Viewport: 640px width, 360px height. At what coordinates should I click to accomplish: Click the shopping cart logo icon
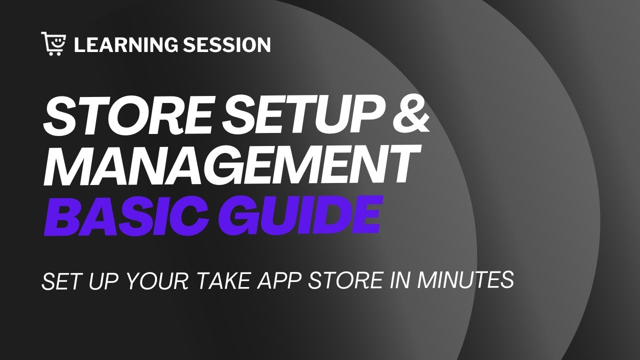click(54, 43)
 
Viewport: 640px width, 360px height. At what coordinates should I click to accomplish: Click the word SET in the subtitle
click(59, 281)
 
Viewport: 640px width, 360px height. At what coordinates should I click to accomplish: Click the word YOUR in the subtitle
click(155, 281)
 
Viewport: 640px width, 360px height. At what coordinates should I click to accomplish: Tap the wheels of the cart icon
click(54, 52)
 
